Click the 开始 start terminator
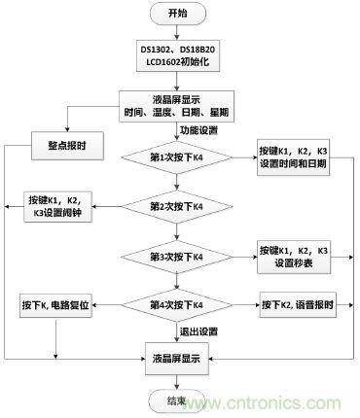[176, 14]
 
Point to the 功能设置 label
[198, 130]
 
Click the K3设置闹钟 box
[60, 206]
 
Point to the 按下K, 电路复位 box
[60, 304]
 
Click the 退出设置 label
[198, 331]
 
